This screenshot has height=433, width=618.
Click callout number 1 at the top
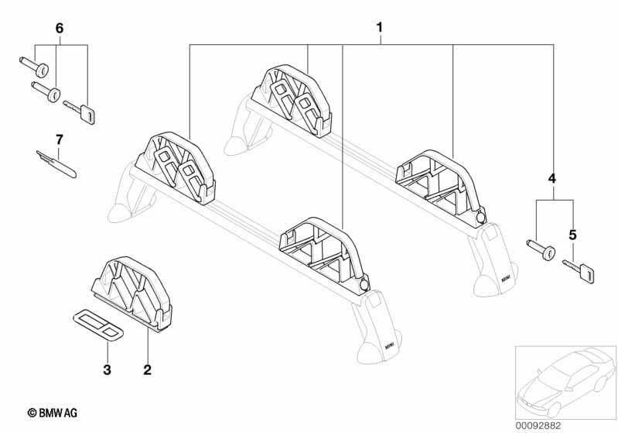coord(379,28)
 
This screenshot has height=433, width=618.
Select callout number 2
coord(148,369)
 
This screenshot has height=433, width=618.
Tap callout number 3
coord(108,369)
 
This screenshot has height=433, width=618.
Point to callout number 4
coord(552,178)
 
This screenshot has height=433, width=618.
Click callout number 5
coord(572,235)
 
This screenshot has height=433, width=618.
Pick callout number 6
coord(59,28)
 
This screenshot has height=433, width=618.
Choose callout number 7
coord(59,139)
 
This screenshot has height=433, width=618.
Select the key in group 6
coord(80,112)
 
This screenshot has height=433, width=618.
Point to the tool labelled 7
coord(56,164)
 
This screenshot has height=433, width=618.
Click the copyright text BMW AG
coord(53,413)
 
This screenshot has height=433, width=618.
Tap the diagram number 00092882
coord(538,426)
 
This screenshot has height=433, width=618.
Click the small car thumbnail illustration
coord(565,382)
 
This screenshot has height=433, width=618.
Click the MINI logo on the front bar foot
coord(389,346)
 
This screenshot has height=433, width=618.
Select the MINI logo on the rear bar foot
coord(506,279)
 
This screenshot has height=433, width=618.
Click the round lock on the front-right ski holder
coord(364,284)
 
